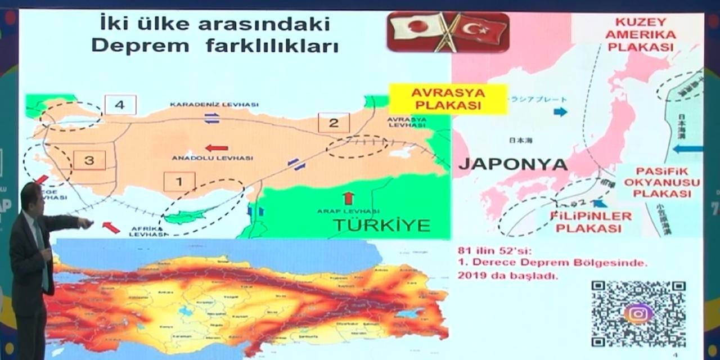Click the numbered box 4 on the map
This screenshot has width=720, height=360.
tap(120, 104)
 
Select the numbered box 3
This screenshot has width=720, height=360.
tap(89, 160)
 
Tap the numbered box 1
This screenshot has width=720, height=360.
tap(179, 182)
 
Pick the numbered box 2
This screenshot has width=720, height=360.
tap(334, 123)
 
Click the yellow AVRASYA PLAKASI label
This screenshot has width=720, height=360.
tap(448, 99)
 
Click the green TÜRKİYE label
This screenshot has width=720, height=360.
tap(381, 225)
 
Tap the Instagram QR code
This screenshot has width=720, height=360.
tap(638, 313)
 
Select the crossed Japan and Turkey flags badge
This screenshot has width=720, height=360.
tap(448, 32)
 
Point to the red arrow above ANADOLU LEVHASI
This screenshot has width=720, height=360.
tap(217, 148)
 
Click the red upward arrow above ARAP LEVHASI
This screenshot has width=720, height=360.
tap(349, 197)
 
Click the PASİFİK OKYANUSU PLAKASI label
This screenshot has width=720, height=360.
tap(661, 182)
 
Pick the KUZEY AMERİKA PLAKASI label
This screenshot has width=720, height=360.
tap(641, 35)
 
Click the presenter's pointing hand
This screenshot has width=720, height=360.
tap(86, 224)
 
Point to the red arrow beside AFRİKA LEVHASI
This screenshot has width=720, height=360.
tap(111, 227)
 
